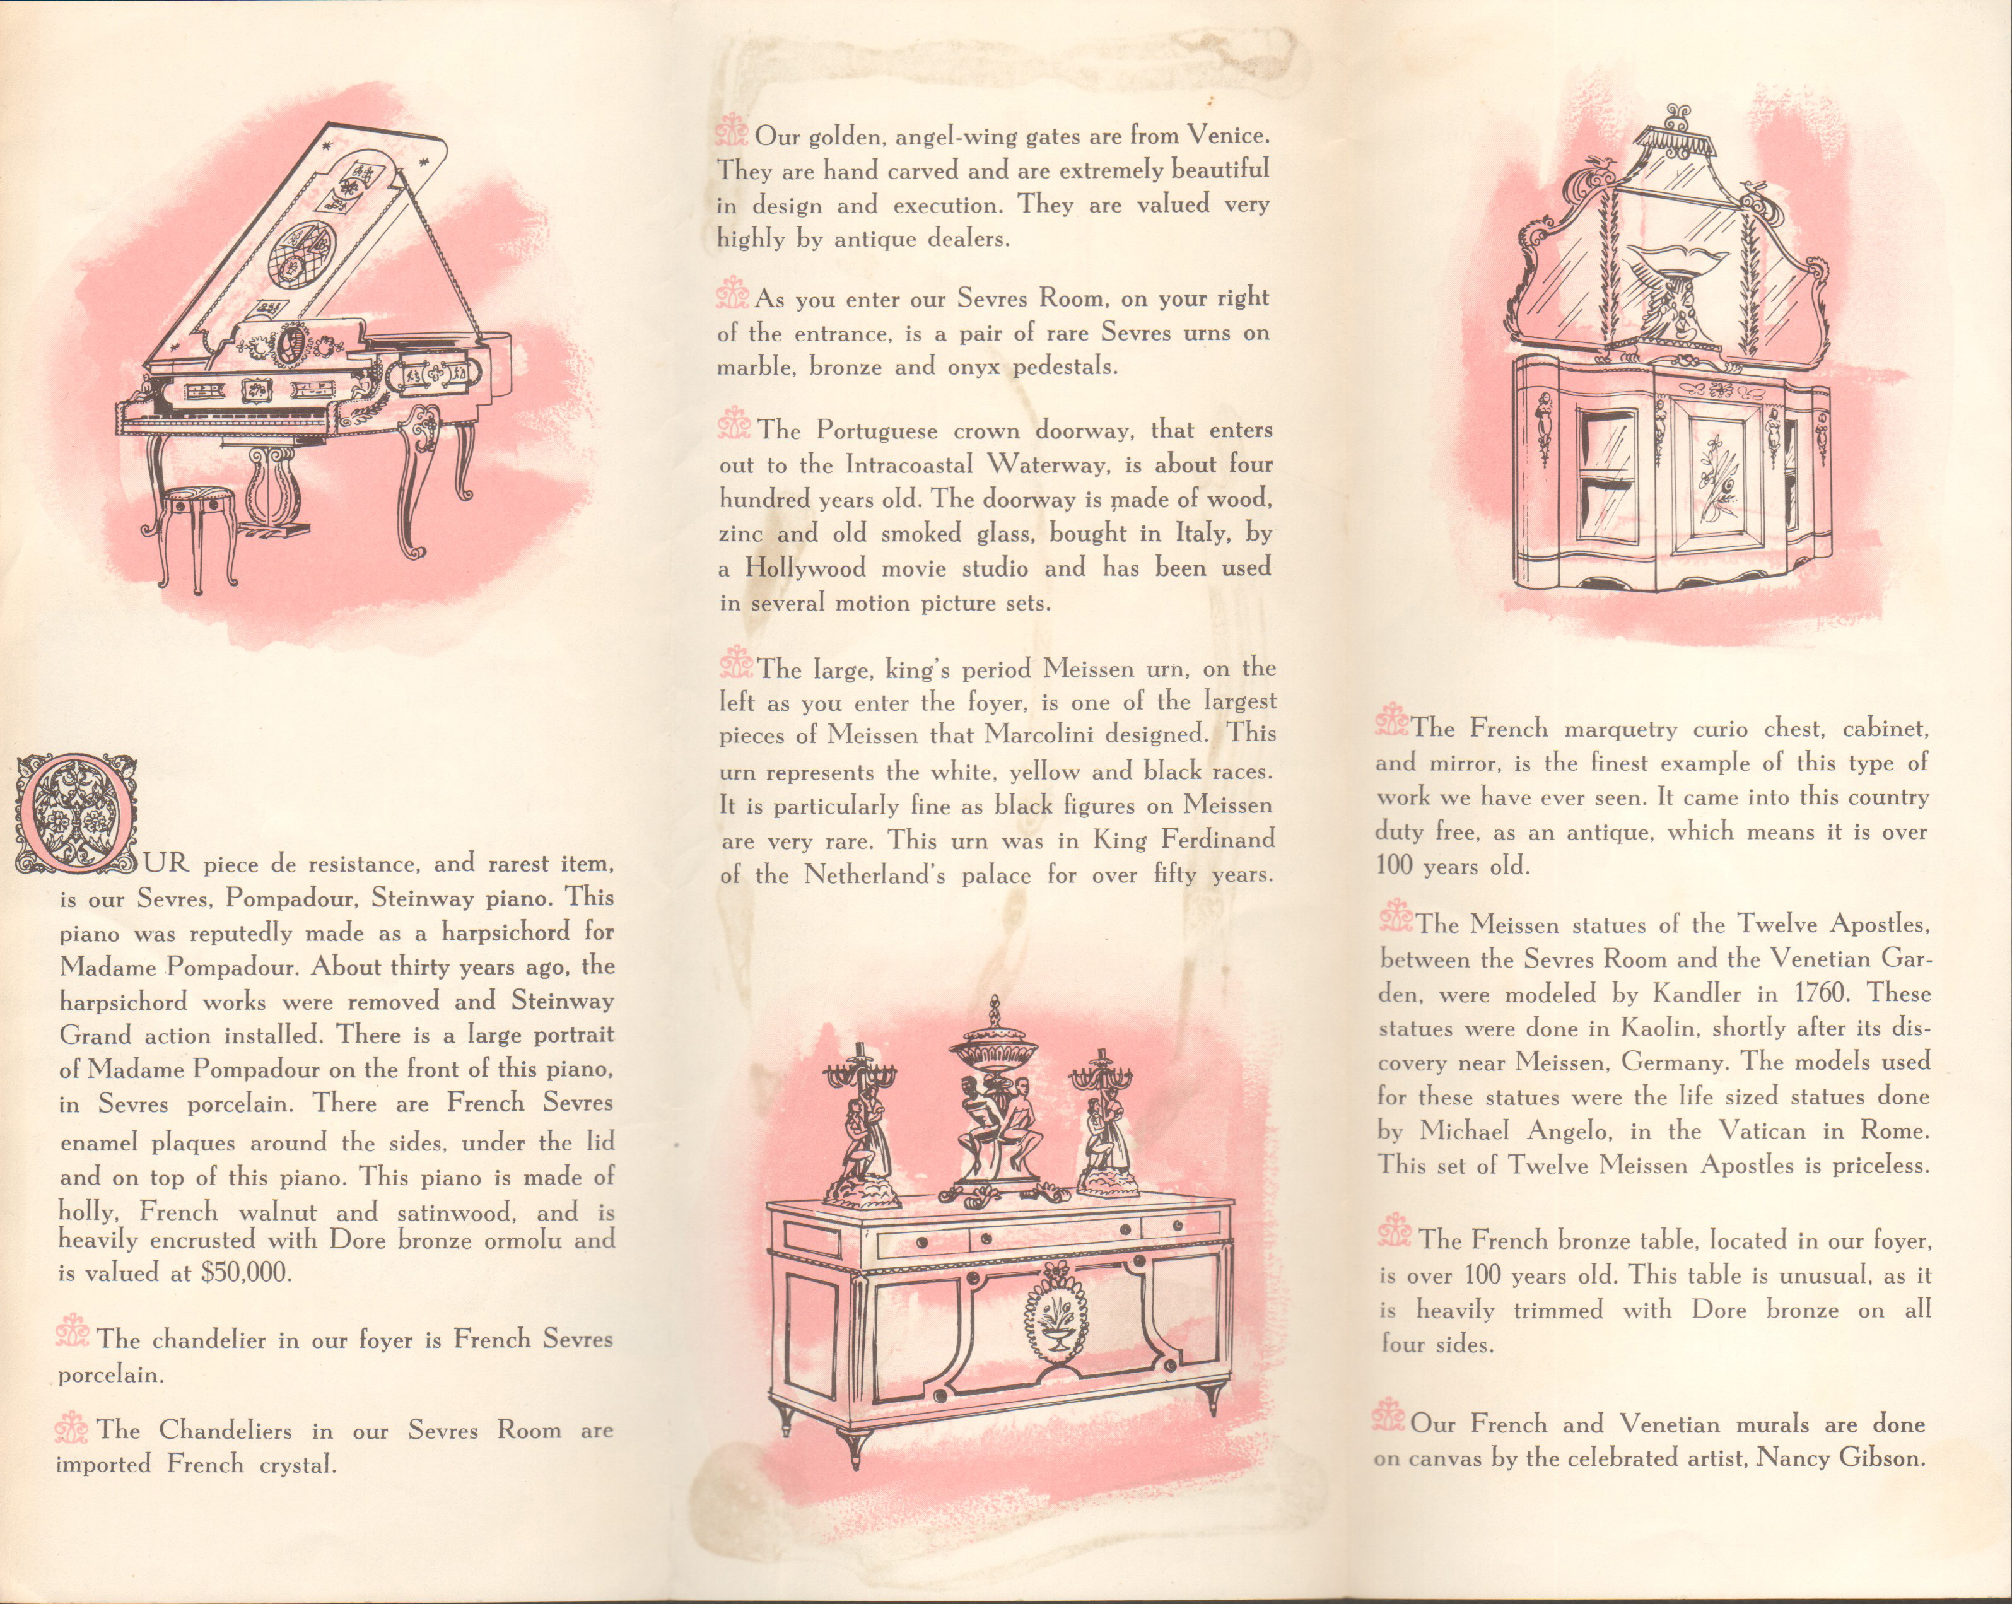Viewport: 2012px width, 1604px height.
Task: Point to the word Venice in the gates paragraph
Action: pyautogui.click(x=1227, y=136)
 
